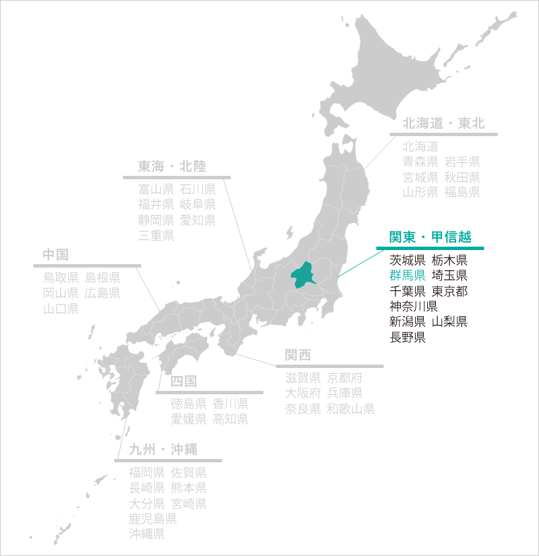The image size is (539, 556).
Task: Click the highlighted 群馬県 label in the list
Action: tap(408, 275)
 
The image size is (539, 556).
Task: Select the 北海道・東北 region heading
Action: tap(443, 123)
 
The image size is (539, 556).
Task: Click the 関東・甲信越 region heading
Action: tap(430, 237)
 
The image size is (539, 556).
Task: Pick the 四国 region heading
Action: tap(183, 381)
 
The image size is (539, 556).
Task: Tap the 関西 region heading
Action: tap(298, 355)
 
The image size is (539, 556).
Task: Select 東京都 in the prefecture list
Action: tap(450, 291)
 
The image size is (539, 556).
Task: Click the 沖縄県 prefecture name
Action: tap(147, 534)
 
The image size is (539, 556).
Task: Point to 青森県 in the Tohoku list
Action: tap(420, 161)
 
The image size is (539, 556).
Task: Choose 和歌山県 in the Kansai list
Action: tap(350, 409)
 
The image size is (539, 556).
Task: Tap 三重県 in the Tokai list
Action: tap(156, 236)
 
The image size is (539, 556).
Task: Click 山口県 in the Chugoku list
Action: tap(61, 309)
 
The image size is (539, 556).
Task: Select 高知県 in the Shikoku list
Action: tap(230, 419)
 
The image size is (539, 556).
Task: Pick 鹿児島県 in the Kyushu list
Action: tap(153, 519)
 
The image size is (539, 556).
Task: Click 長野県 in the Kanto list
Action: tap(408, 337)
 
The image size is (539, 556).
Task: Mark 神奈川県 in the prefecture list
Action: tap(414, 307)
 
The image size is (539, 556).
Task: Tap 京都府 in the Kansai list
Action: tap(344, 377)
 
